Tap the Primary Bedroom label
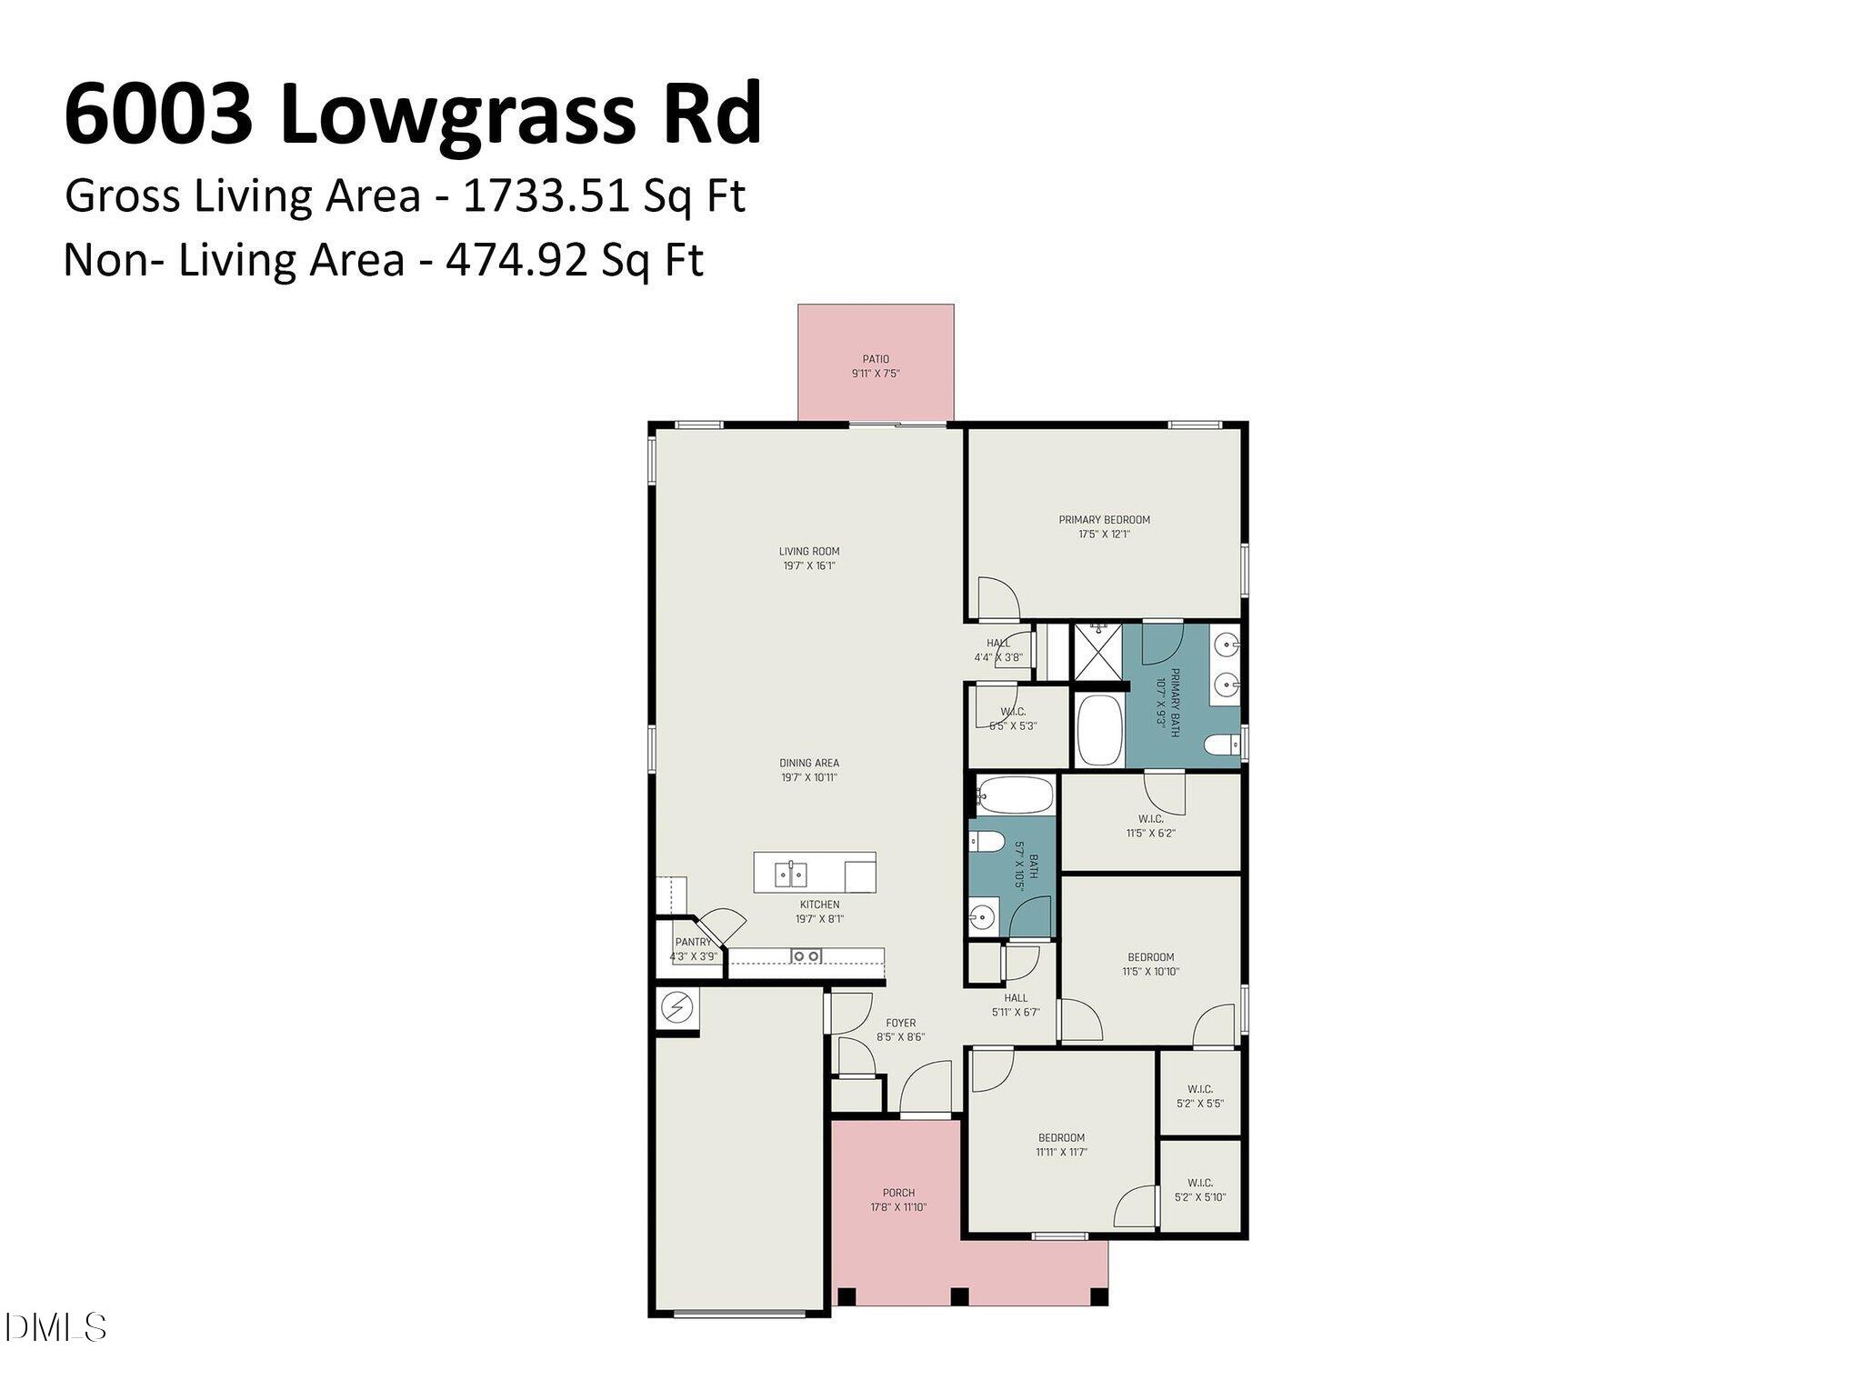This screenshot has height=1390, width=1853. point(1104,520)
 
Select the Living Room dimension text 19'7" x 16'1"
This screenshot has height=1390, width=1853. point(808,565)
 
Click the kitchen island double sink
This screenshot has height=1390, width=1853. point(790,875)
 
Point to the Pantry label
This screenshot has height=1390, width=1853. point(693,942)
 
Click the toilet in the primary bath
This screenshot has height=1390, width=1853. point(1221,746)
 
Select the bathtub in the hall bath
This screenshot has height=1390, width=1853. point(1015,795)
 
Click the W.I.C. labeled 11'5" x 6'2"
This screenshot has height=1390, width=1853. point(1150,825)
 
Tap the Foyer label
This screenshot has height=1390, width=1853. point(900,1023)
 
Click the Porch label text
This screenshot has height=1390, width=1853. point(898,1193)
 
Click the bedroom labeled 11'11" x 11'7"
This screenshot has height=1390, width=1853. point(1061,1145)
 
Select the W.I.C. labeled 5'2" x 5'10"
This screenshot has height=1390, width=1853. point(1200,1189)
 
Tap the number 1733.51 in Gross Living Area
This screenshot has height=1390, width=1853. point(546,195)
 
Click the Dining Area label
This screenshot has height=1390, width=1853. point(808,763)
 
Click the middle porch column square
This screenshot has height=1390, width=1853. point(959,1296)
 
